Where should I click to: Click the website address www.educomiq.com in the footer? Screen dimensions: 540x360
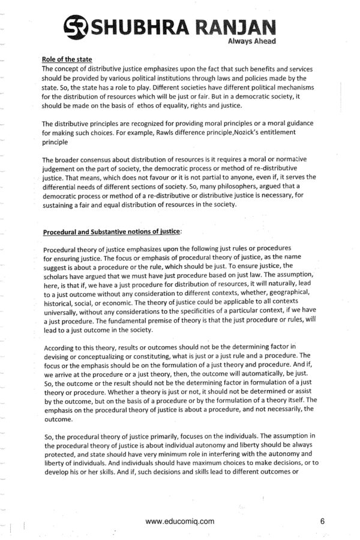tap(179, 521)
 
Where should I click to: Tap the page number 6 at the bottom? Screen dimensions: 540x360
tap(322, 521)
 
